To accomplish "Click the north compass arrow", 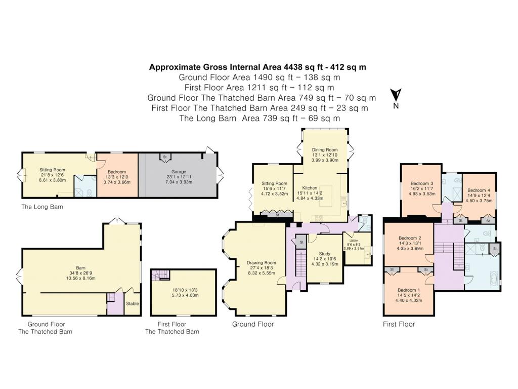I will pos(396,95).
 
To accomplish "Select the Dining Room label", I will pos(324,150).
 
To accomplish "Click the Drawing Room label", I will pos(261,263).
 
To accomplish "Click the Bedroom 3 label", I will pos(421,183).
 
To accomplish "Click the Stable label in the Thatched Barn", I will pos(133,303).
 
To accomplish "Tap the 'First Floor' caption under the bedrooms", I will pos(399,324).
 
